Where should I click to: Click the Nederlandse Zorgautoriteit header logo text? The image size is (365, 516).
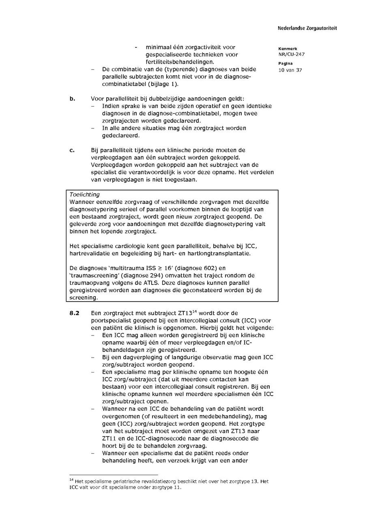307,28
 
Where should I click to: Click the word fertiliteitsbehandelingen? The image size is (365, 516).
180,62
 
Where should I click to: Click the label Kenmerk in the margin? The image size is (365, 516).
288,49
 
